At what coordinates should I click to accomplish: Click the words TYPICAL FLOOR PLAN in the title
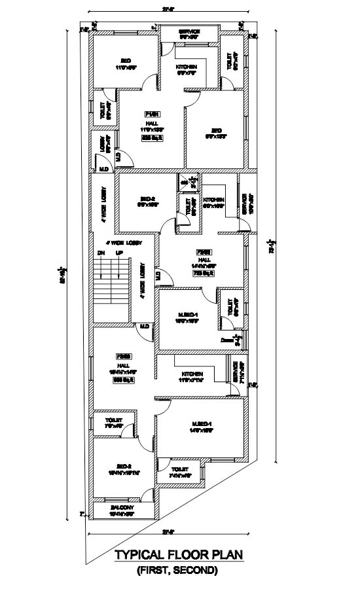(179, 556)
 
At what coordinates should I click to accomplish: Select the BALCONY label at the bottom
(122, 507)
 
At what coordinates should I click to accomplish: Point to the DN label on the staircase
(101, 253)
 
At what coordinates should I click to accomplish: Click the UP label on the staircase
(119, 253)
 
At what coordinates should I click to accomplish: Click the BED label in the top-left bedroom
(126, 61)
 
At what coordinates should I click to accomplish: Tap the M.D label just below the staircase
(144, 326)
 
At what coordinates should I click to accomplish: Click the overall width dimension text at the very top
(168, 8)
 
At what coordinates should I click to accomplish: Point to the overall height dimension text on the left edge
(63, 275)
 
